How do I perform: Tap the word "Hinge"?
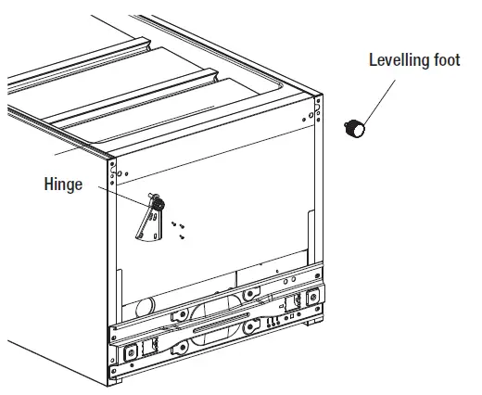[63, 185]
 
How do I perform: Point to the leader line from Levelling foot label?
[382, 96]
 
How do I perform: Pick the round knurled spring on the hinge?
[157, 201]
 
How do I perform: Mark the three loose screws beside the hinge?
[178, 228]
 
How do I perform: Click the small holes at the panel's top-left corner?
[115, 170]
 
